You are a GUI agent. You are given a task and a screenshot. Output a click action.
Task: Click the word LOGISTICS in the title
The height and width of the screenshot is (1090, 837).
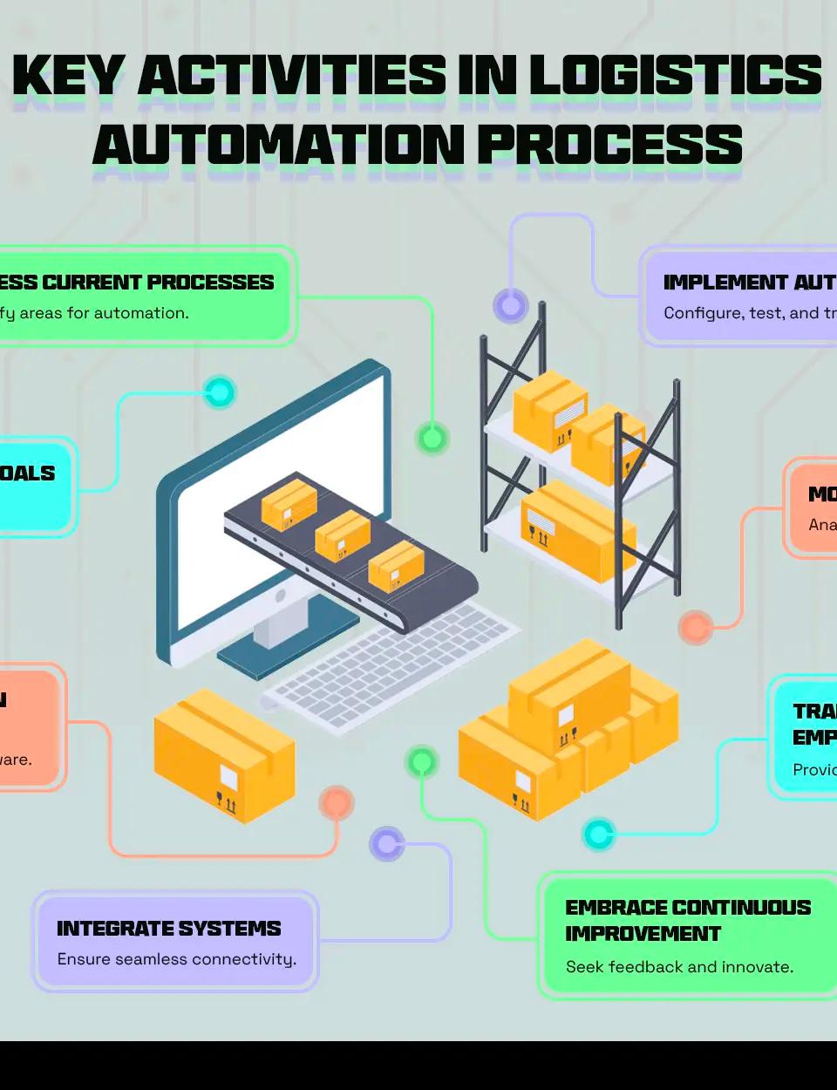click(675, 75)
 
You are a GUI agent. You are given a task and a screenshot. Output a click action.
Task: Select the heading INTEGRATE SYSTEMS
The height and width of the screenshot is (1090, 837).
click(168, 929)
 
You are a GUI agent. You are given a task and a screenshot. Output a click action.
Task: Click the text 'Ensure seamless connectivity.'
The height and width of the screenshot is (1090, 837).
click(176, 959)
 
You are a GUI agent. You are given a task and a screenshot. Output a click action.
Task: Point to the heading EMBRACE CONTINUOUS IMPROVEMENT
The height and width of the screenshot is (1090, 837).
click(687, 921)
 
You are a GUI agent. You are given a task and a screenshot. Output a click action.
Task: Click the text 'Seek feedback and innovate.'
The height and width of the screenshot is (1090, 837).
click(679, 967)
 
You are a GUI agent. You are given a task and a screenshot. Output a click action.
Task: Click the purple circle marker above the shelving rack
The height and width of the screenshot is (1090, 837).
click(511, 305)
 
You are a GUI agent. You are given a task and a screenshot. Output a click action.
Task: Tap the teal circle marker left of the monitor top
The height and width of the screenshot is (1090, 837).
click(220, 392)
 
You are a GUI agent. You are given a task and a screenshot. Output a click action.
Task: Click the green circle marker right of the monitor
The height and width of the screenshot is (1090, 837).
click(432, 438)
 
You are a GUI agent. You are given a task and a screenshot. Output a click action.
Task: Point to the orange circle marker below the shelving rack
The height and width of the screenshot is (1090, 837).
click(695, 627)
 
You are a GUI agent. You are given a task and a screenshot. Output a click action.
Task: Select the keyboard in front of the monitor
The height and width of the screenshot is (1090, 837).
click(392, 663)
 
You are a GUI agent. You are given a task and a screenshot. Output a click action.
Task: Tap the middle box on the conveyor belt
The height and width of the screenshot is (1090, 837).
click(342, 535)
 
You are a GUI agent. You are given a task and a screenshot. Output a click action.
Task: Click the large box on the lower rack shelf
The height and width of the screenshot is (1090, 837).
click(577, 529)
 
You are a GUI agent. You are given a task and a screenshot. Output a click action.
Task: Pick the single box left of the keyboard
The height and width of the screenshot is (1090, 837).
click(223, 755)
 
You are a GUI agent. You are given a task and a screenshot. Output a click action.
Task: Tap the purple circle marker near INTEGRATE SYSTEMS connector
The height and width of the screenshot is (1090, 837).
click(386, 843)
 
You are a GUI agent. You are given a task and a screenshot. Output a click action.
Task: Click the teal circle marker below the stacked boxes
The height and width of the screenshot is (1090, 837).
click(598, 835)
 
